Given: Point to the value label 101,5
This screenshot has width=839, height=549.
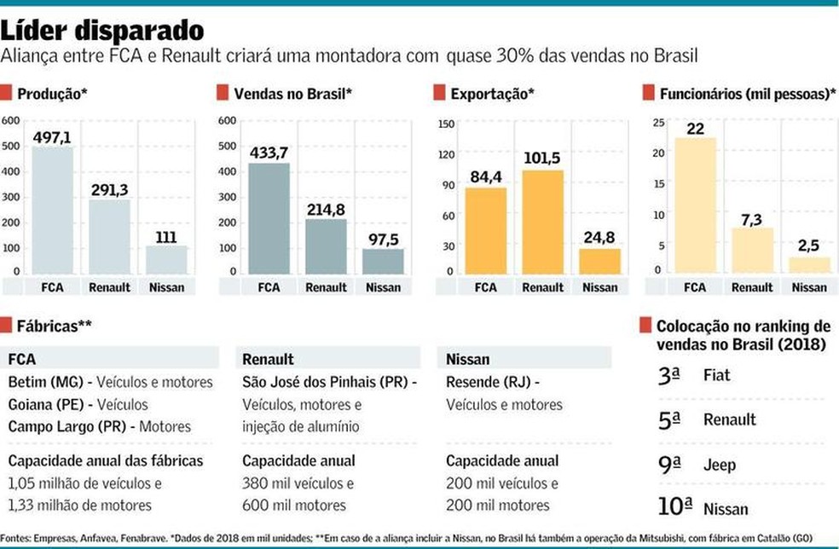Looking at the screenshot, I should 542,159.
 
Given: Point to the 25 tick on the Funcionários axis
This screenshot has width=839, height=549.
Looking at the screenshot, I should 657,123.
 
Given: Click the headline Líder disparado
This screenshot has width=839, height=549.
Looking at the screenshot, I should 102,31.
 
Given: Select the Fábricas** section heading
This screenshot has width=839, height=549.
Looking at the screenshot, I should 54,325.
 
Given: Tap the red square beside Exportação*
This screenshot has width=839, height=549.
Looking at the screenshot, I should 438,93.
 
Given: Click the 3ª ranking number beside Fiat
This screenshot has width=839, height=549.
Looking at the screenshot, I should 669,374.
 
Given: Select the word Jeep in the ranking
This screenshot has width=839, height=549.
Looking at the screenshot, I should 720,465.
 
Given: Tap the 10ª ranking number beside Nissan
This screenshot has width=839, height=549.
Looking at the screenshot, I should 674,507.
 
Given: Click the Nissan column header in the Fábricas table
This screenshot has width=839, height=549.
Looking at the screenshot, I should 468,359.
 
